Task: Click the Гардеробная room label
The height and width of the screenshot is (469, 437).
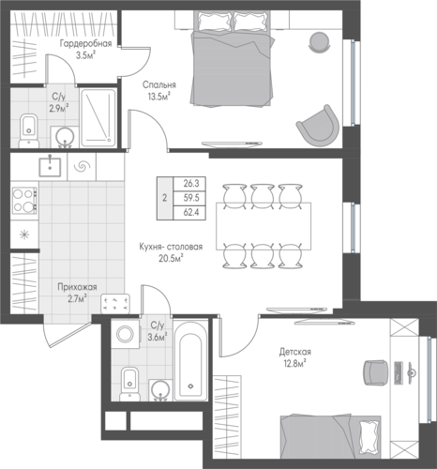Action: tap(85, 43)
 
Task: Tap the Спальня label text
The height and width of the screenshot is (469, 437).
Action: tap(159, 84)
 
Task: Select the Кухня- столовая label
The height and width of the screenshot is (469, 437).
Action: tap(171, 247)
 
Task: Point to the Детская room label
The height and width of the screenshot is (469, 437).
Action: tap(295, 352)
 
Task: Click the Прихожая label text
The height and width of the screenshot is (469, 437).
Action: tap(77, 287)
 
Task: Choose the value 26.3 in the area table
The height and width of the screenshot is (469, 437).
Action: tap(191, 183)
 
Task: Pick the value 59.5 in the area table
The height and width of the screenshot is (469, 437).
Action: tap(191, 198)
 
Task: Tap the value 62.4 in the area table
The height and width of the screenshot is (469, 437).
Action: tap(191, 213)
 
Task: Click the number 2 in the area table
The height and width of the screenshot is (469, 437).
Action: tap(165, 198)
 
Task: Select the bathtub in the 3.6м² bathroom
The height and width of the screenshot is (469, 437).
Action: tap(190, 360)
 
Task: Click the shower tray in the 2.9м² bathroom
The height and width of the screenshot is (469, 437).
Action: tap(98, 118)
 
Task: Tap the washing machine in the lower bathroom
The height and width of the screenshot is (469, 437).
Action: tap(125, 334)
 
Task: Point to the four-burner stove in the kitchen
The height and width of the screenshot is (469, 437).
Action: tap(24, 200)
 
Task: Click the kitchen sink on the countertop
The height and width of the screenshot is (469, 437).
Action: tap(50, 167)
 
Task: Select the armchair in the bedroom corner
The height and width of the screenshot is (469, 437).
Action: tap(318, 126)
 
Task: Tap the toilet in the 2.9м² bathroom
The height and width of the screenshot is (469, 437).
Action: tap(29, 130)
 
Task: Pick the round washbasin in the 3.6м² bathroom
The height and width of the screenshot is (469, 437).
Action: tap(160, 390)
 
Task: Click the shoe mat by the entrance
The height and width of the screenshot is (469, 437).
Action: tap(115, 304)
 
